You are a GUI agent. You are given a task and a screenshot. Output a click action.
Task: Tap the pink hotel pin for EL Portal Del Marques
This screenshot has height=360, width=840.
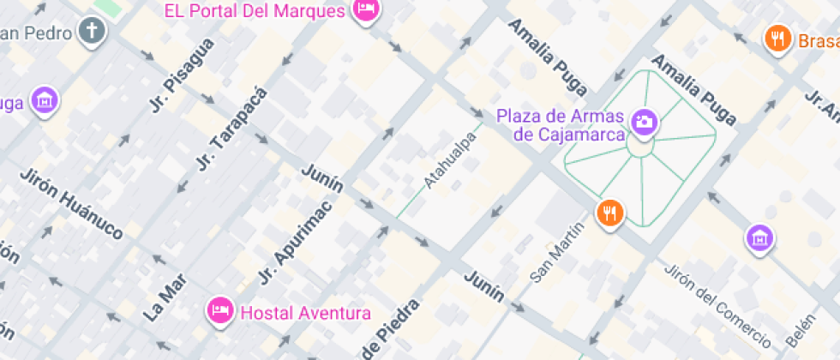click(366, 10)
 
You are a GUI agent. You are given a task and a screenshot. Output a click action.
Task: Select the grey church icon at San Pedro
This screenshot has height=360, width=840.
click(91, 33)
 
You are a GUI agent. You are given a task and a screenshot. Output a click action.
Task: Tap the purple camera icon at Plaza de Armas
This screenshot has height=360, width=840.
click(643, 122)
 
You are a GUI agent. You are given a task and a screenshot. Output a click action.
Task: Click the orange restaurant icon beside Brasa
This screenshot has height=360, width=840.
click(777, 39)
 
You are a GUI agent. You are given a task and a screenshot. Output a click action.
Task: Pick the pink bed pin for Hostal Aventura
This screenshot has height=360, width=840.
click(220, 310)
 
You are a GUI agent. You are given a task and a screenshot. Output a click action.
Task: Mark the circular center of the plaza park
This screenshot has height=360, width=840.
click(641, 145)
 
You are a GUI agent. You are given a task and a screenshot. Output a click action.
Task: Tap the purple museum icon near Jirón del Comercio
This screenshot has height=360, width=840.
click(759, 238)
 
